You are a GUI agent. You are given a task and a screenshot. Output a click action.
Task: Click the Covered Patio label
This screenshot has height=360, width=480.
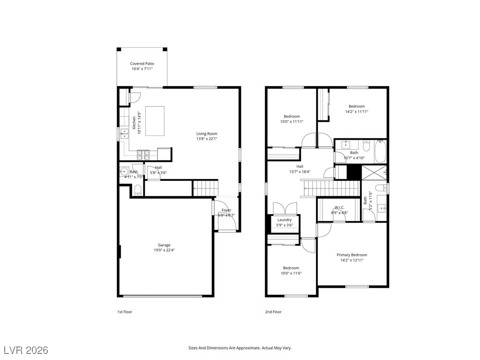[142, 64]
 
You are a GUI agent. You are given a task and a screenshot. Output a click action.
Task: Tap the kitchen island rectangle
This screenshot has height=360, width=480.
[155, 121]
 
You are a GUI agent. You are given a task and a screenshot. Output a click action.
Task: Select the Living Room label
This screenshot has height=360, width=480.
[207, 134]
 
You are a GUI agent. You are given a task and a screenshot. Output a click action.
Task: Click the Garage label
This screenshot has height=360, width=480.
[164, 245]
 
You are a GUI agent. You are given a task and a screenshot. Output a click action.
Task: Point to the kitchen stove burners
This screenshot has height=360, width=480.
[143, 155]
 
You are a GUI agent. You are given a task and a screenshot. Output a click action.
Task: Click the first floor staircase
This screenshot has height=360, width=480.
[205, 188]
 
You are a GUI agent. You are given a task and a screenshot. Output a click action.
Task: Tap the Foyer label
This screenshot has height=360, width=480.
[226, 210]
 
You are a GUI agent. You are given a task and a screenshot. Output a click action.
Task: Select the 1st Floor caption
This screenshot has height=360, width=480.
[125, 312]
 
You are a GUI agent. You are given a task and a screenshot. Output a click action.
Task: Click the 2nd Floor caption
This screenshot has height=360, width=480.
[273, 312]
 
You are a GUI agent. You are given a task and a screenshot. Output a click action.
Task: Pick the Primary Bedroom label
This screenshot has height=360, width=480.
[352, 255]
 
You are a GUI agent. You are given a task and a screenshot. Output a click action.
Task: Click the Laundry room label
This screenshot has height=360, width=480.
[285, 220]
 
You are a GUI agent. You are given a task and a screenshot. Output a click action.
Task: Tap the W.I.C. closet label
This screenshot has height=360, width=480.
[339, 208]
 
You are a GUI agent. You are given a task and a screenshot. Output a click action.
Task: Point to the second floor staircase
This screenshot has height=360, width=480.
[331, 188]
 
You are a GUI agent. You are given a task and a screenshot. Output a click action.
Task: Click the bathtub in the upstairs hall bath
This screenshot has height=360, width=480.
[381, 151]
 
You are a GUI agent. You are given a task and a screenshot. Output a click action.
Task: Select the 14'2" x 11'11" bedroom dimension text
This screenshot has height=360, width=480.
[357, 112]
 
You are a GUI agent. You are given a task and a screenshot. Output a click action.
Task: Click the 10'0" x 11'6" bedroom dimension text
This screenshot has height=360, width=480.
[291, 273]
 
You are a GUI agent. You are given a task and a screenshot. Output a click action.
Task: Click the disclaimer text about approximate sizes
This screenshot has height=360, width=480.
[240, 348]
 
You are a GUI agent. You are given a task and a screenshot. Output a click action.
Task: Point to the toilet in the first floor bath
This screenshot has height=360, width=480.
[138, 190]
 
